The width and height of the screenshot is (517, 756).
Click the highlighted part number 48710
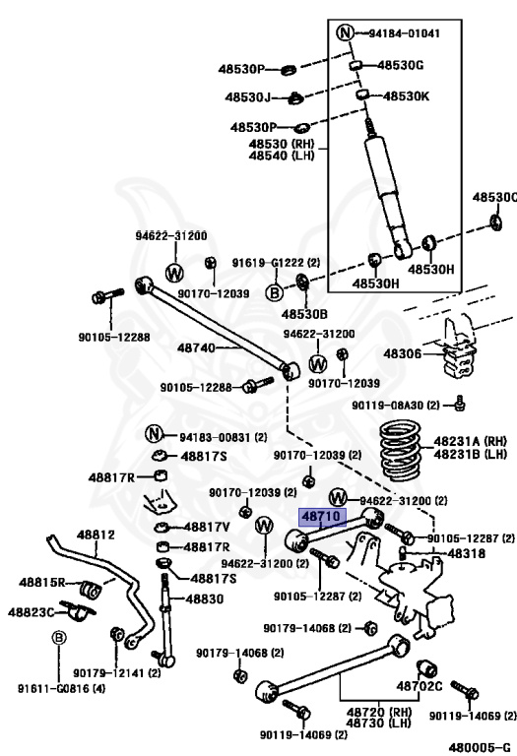[323, 517]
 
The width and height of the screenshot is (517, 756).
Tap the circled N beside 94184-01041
[345, 32]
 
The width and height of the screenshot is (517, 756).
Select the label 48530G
[400, 65]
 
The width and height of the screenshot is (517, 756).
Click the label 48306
[403, 354]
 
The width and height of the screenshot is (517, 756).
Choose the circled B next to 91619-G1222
[275, 292]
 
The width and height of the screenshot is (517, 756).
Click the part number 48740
[196, 347]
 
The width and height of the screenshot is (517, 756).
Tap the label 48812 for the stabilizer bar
[96, 535]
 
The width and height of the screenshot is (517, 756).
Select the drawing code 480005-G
[480, 747]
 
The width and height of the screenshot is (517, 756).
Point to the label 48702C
[420, 685]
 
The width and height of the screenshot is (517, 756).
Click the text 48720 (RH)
[379, 712]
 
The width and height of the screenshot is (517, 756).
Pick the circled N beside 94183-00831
[154, 434]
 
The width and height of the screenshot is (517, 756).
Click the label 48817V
[207, 527]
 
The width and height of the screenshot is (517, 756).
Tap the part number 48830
[205, 598]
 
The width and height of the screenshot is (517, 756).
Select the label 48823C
[31, 612]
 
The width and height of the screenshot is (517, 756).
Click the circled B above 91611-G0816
[59, 638]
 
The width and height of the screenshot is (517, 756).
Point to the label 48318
[467, 553]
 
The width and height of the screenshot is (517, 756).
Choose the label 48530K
[406, 95]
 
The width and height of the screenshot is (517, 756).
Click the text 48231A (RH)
[470, 441]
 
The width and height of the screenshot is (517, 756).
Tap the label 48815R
[42, 583]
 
